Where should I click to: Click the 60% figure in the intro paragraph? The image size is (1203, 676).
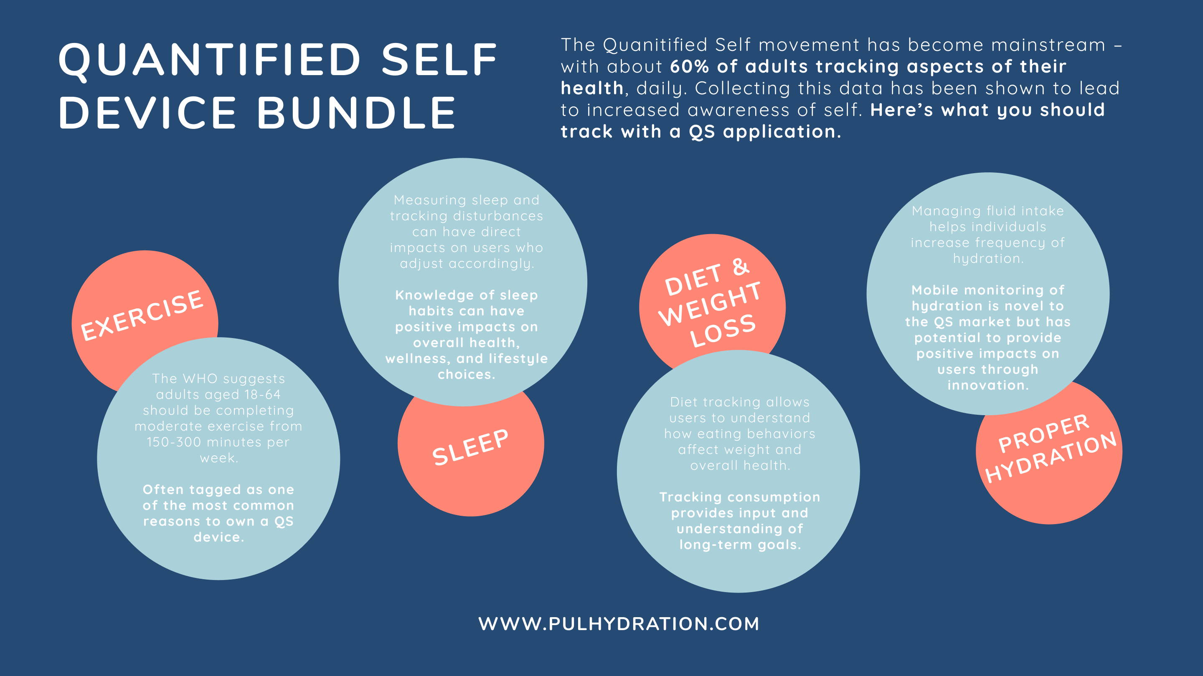click(x=690, y=66)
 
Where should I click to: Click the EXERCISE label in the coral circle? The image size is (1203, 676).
click(x=142, y=315)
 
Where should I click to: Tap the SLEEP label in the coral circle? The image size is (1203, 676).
click(x=470, y=447)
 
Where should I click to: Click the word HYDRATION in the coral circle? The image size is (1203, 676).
click(x=1051, y=457)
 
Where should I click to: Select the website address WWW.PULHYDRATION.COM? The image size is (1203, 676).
click(x=619, y=624)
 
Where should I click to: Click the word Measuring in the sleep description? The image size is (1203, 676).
click(x=430, y=201)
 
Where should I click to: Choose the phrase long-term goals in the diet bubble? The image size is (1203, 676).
click(x=740, y=545)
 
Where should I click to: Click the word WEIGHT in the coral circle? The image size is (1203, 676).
click(x=710, y=304)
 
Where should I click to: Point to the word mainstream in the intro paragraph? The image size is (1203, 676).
click(x=1048, y=45)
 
